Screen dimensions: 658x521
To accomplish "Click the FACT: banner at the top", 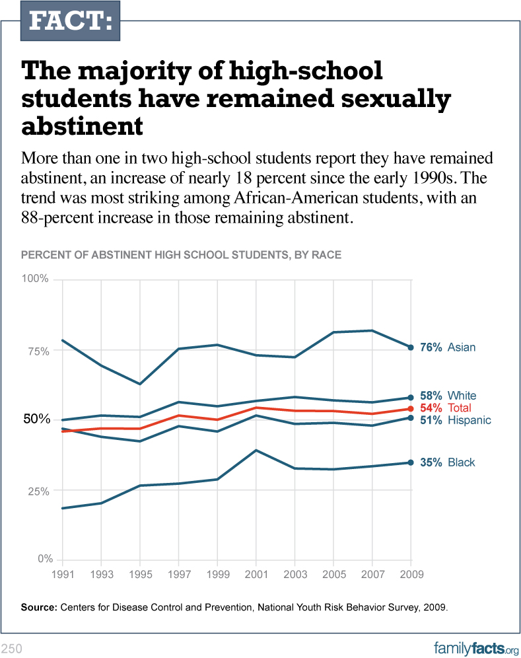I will [71, 21].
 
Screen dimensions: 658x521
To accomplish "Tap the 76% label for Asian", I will [431, 347].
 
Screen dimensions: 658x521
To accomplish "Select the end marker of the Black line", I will [411, 462].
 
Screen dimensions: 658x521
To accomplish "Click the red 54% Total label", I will [431, 408].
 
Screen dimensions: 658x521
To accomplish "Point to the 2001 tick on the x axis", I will [256, 575].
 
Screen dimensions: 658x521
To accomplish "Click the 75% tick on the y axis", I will [37, 351].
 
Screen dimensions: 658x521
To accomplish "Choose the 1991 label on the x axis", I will [62, 575].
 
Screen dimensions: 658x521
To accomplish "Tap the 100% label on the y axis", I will [35, 279].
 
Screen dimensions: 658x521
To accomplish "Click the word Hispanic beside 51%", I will [469, 420].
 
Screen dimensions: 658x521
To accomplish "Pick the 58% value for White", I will [431, 396].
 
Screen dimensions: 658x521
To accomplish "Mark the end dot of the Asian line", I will [411, 347].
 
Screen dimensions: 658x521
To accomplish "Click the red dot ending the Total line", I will [411, 409].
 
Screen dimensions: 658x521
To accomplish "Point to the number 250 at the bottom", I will [12, 648].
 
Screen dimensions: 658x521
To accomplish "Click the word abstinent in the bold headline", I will [83, 125].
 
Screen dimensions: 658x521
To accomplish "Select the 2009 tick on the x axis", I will [411, 575].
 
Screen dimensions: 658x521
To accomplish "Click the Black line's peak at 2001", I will [256, 451].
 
